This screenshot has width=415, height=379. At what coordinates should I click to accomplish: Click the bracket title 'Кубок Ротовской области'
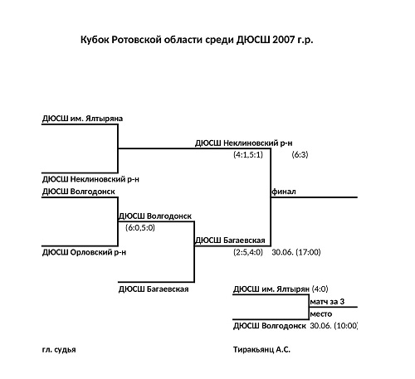point(142,40)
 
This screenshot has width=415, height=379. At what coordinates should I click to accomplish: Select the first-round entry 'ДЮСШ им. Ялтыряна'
point(82,119)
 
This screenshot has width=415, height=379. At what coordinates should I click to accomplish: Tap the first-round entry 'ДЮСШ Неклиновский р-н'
point(90,179)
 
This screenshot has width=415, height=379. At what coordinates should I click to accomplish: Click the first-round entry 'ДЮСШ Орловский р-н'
point(84,252)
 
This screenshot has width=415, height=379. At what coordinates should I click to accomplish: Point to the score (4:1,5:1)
point(248,154)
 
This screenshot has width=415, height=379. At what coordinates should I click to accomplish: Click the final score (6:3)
point(300,154)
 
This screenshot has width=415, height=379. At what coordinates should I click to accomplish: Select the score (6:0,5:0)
point(140,228)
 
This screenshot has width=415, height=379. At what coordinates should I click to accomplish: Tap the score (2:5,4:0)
point(248,252)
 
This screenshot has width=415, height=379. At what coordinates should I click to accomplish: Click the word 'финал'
point(284,192)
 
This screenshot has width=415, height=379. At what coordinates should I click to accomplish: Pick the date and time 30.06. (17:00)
point(296,252)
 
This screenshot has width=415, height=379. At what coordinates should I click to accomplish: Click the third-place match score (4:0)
point(320,289)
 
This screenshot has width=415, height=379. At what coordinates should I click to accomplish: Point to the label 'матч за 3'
point(327,302)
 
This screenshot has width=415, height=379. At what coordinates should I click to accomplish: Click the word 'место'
point(321,314)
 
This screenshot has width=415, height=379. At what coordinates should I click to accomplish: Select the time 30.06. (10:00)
point(334,326)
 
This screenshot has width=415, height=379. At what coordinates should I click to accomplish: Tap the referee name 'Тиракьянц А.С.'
point(261,350)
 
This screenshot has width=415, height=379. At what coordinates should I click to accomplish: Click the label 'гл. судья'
point(59,350)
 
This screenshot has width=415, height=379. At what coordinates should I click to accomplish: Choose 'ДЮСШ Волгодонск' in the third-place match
point(270,326)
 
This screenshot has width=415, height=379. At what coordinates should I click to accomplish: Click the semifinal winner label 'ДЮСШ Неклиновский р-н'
point(244,143)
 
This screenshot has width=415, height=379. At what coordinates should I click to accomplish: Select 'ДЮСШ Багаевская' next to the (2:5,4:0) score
point(230,241)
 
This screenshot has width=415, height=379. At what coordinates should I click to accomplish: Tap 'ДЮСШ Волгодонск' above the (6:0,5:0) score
point(155,216)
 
